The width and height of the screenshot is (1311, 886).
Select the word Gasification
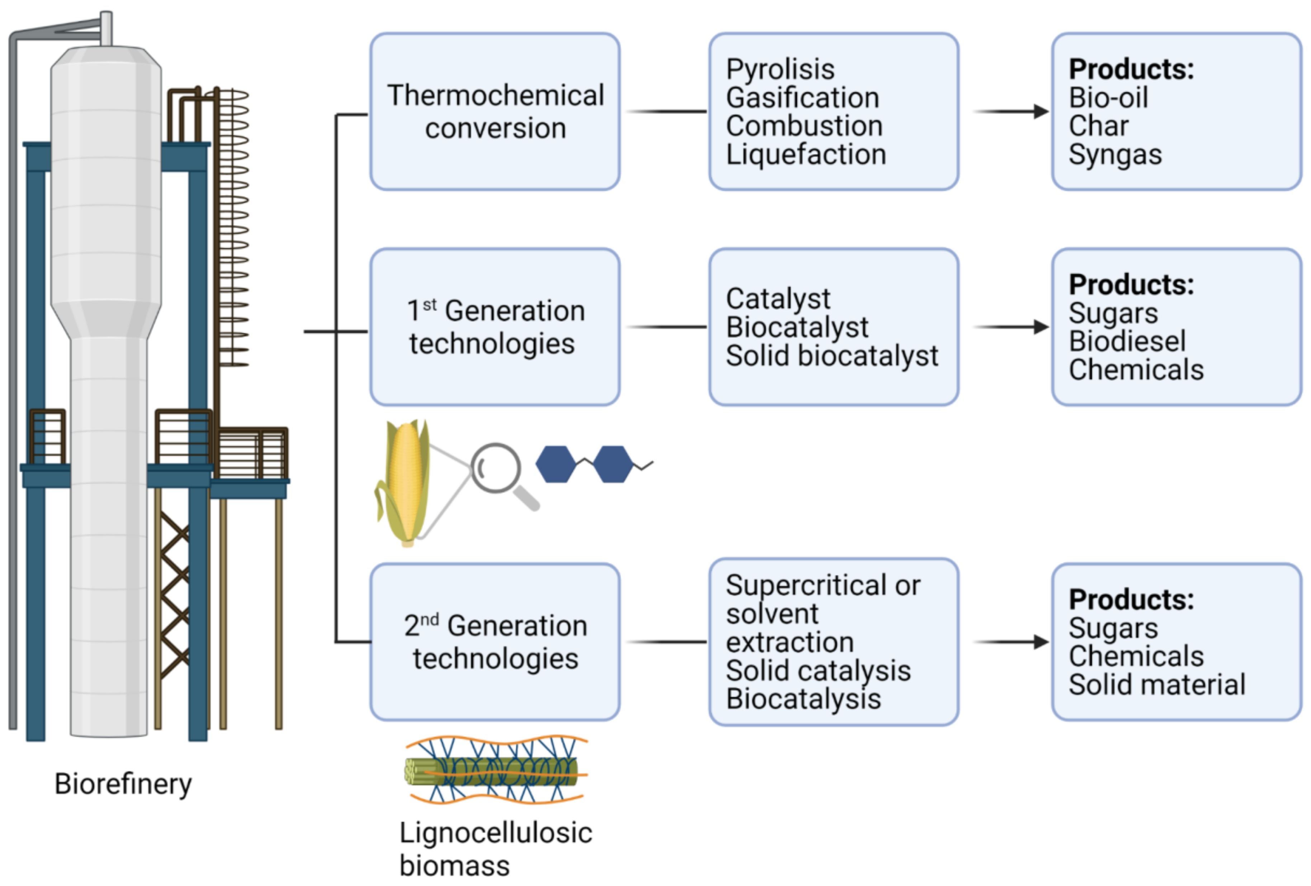coord(802,98)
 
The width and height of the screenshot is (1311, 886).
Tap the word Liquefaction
coord(805,154)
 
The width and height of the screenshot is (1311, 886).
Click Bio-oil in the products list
coord(1108,98)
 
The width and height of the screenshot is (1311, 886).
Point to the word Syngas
coord(1115,154)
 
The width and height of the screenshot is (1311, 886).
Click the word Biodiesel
coord(1127,341)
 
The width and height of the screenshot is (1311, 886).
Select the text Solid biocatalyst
coord(832,356)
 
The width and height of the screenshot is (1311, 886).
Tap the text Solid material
coord(1156,685)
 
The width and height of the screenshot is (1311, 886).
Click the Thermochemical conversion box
coord(495,112)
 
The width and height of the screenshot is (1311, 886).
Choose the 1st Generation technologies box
coord(495,327)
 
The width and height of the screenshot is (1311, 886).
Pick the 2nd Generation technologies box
coord(495,642)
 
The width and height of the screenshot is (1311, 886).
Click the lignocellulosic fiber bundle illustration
coord(495,770)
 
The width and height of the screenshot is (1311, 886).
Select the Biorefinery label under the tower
coord(123,784)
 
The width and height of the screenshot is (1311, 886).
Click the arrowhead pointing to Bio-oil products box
coord(1040,112)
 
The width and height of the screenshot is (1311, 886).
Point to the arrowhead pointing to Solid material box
coord(1040,642)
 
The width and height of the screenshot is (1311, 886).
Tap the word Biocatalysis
coord(803,699)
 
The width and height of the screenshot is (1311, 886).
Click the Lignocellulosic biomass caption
coord(495,849)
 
